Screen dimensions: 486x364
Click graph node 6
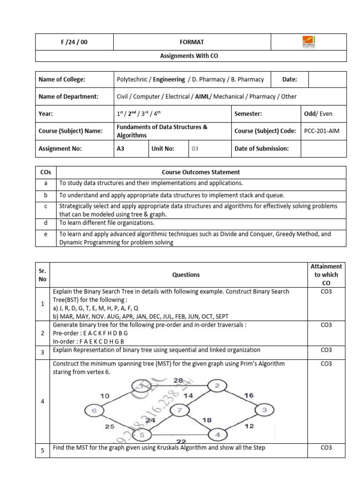pyautogui.click(x=94, y=410)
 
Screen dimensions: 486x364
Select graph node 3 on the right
pyautogui.click(x=264, y=409)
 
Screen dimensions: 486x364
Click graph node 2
pyautogui.click(x=217, y=385)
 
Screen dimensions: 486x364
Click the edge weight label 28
pyautogui.click(x=178, y=380)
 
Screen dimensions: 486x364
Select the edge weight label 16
pyautogui.click(x=249, y=394)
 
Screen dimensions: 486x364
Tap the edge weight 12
pyautogui.click(x=249, y=426)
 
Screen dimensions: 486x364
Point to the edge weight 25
pyautogui.click(x=109, y=427)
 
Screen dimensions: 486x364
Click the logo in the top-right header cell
pyautogui.click(x=308, y=42)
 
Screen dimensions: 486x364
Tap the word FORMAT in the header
pyautogui.click(x=191, y=42)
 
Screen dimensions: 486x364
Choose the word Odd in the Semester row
pyautogui.click(x=310, y=114)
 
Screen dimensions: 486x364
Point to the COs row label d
pyautogui.click(x=46, y=223)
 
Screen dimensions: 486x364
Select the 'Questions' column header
pyautogui.click(x=186, y=274)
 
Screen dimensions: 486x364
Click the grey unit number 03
pyautogui.click(x=194, y=149)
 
